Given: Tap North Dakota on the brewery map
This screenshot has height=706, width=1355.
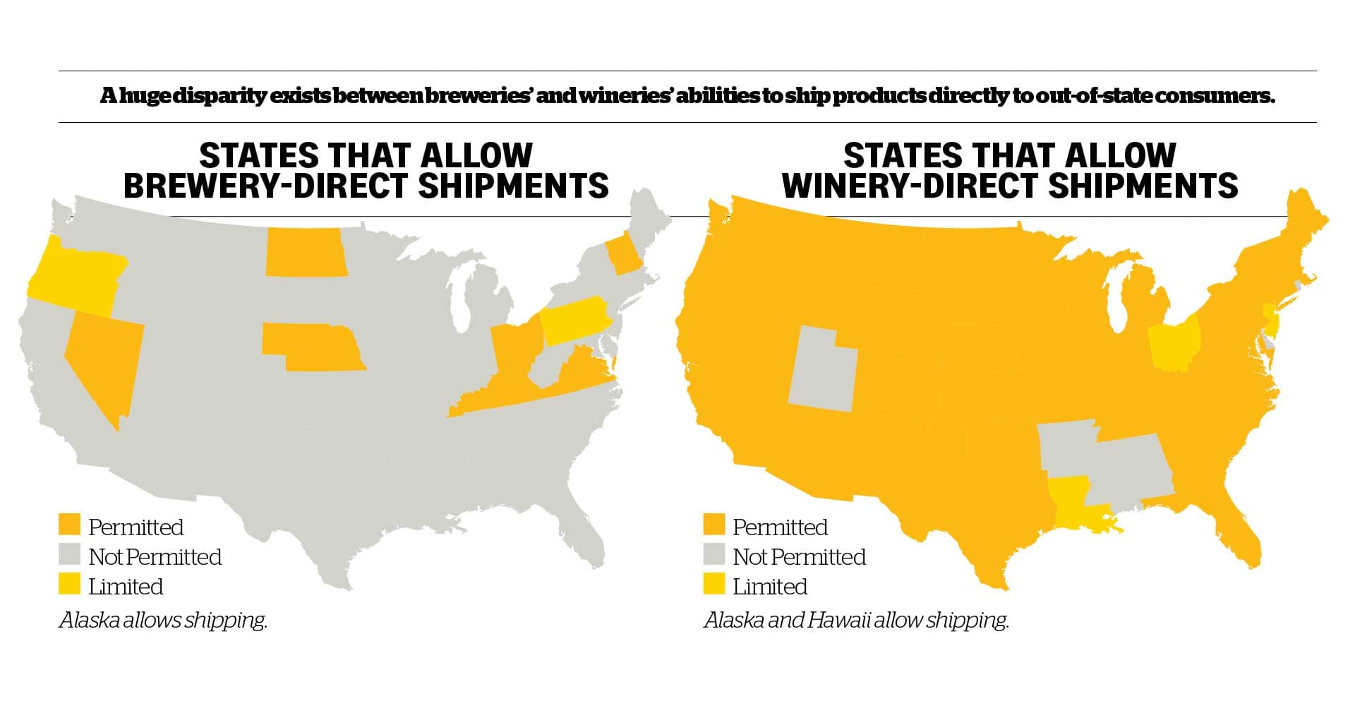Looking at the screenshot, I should [305, 252].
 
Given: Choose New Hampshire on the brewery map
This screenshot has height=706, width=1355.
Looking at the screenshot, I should [625, 258].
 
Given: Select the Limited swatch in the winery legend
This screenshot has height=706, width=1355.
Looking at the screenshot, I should [713, 585].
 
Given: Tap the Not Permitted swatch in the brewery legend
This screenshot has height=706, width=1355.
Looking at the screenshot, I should [69, 556].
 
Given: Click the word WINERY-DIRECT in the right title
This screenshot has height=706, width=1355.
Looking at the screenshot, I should [910, 186].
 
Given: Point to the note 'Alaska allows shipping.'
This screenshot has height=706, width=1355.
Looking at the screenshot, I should [163, 621].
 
